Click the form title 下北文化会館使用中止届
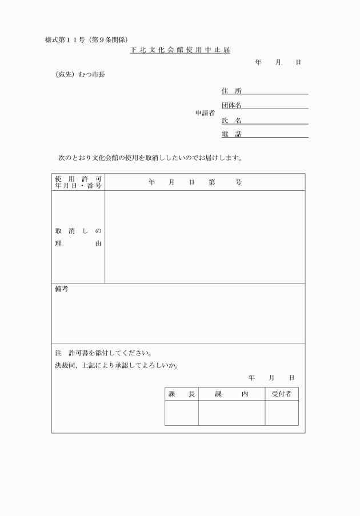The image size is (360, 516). click(179, 50)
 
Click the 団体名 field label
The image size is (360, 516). click(231, 106)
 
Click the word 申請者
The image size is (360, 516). click(205, 113)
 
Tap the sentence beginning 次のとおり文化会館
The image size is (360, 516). click(150, 157)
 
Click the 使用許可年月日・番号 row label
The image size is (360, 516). click(78, 182)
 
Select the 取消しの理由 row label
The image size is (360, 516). click(78, 237)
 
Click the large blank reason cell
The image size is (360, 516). click(205, 237)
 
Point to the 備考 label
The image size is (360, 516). click(61, 290)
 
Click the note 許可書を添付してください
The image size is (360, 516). click(106, 353)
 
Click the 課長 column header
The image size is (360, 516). click(182, 394)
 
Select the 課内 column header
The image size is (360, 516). click(231, 394)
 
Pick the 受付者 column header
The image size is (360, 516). click(281, 394)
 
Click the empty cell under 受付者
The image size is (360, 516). click(281, 413)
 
